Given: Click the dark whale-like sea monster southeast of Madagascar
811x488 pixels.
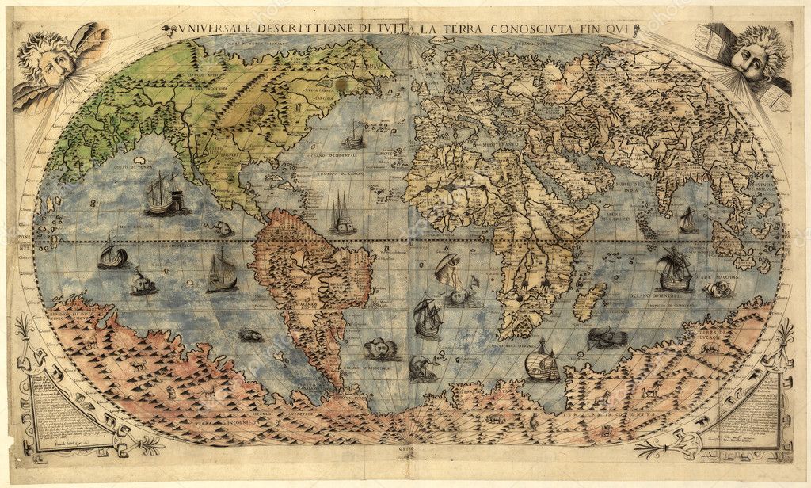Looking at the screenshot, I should pos(607,339).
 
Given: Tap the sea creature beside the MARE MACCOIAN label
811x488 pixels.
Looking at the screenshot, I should pos(717,289).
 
